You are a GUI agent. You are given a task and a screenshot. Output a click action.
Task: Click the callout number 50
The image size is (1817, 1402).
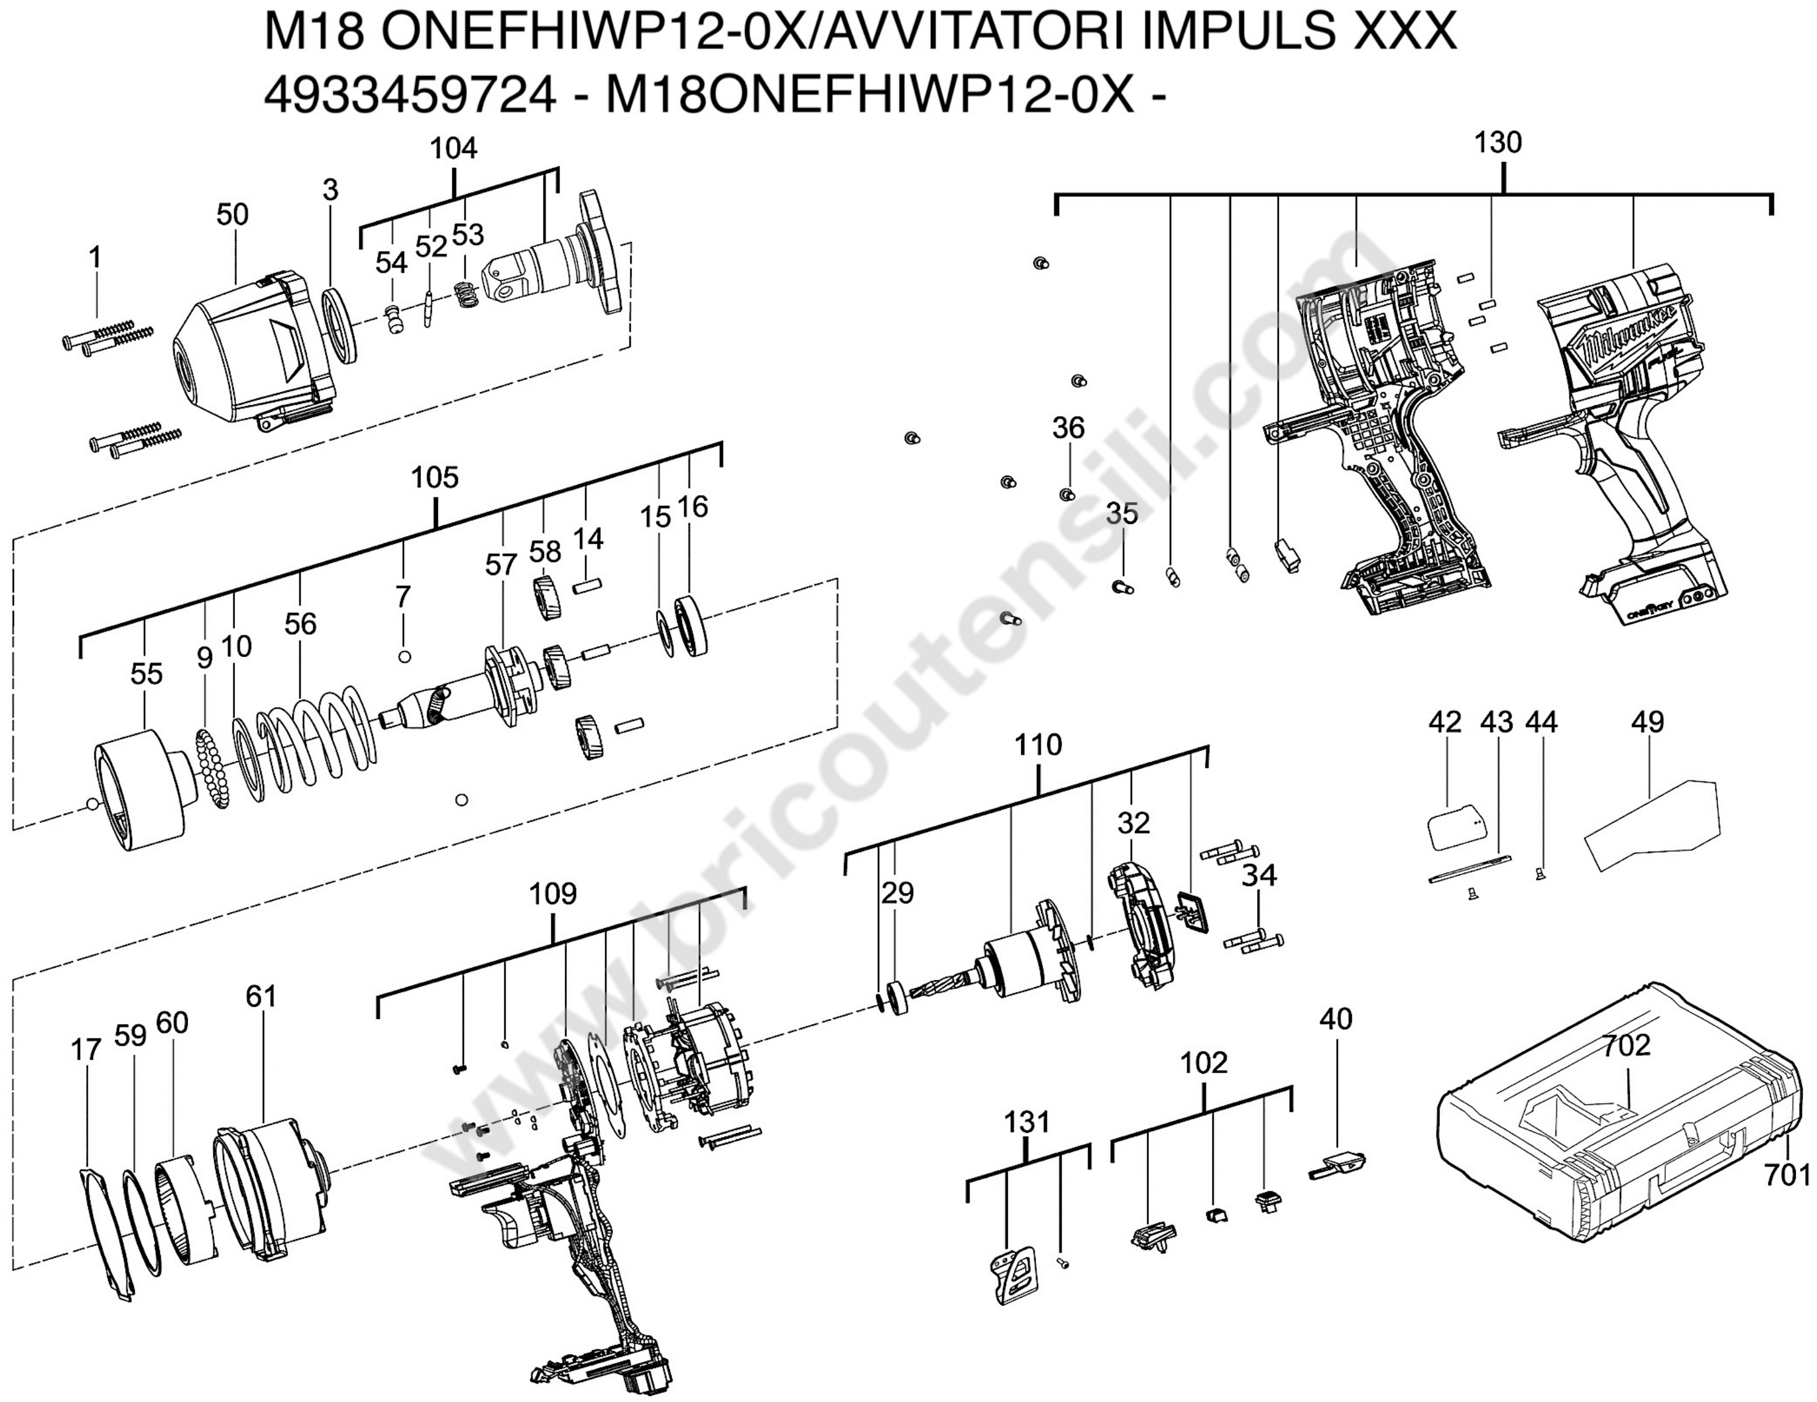(x=232, y=214)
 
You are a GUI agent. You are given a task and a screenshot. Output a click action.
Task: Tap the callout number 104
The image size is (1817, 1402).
(x=454, y=149)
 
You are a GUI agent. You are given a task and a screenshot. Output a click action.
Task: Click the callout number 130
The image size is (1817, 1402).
(x=1498, y=143)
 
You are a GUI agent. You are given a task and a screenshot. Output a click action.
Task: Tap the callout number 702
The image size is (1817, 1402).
(x=1627, y=1045)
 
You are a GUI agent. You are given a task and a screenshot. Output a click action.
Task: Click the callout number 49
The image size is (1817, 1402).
(x=1647, y=722)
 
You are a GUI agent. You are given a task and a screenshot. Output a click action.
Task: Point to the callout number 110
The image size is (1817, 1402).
(x=1037, y=745)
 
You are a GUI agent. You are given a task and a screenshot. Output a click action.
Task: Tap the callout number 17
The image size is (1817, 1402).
(x=86, y=1050)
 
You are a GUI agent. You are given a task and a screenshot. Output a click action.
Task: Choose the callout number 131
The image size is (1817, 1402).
(x=1027, y=1123)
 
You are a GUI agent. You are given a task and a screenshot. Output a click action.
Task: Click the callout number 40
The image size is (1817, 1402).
(x=1336, y=1018)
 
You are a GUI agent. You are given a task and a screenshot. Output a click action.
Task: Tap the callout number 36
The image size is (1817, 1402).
(x=1068, y=428)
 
